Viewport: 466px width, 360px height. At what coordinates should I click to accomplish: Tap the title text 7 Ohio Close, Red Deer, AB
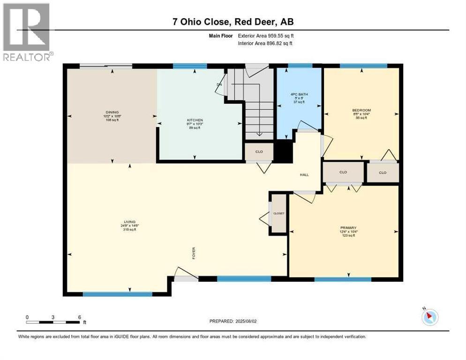pyautogui.click(x=233, y=22)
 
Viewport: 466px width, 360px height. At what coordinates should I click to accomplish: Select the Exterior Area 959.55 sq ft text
pyautogui.click(x=266, y=36)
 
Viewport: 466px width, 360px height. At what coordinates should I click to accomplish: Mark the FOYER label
pyautogui.click(x=193, y=253)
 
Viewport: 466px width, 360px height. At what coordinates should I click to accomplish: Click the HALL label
pyautogui.click(x=304, y=175)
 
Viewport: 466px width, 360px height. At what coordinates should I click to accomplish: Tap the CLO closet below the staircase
pyautogui.click(x=259, y=151)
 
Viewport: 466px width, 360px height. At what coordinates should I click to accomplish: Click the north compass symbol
pyautogui.click(x=430, y=317)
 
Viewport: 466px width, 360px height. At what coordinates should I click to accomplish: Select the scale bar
pyautogui.click(x=53, y=322)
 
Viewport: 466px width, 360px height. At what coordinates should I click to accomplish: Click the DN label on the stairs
pyautogui.click(x=219, y=84)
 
